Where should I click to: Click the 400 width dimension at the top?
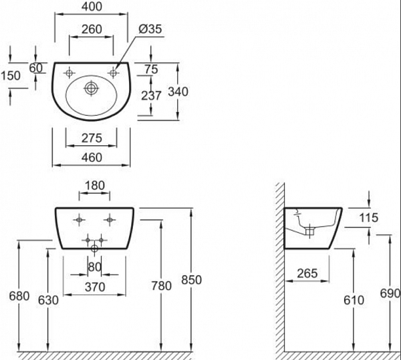(92, 7)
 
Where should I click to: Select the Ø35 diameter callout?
(150, 29)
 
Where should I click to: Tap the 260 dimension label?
(92, 29)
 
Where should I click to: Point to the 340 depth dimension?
(178, 92)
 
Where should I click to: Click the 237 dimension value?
(151, 96)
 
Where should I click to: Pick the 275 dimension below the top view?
(92, 139)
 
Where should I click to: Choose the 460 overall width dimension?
(92, 157)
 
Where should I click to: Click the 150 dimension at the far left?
(11, 76)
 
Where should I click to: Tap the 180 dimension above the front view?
(95, 185)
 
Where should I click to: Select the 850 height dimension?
(192, 280)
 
